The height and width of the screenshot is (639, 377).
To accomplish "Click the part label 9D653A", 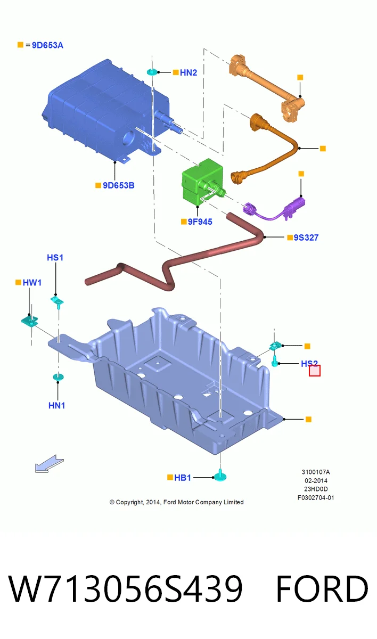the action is (47, 45).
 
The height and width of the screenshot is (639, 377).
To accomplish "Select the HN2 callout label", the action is (188, 73).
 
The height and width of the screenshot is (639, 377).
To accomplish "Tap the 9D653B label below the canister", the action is (118, 185).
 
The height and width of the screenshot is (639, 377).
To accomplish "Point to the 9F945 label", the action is (200, 222).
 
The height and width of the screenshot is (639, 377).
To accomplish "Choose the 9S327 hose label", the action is (306, 237).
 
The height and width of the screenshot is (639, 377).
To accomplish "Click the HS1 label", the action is (55, 258).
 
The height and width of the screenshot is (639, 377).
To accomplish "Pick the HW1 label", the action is (32, 283).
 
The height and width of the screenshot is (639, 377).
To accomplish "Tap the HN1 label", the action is (57, 405).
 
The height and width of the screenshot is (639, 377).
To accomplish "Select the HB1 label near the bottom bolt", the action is (183, 478).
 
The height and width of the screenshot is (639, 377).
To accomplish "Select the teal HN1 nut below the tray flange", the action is (58, 377).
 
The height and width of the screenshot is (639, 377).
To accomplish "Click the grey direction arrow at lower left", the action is (49, 464).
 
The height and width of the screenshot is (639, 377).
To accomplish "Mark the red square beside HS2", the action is (315, 371).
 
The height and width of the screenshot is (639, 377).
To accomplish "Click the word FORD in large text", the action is (322, 589).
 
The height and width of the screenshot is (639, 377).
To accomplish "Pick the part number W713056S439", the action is (126, 589).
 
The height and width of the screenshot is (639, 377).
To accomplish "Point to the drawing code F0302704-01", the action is (316, 498).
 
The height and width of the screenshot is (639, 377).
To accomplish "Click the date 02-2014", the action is (316, 481).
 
